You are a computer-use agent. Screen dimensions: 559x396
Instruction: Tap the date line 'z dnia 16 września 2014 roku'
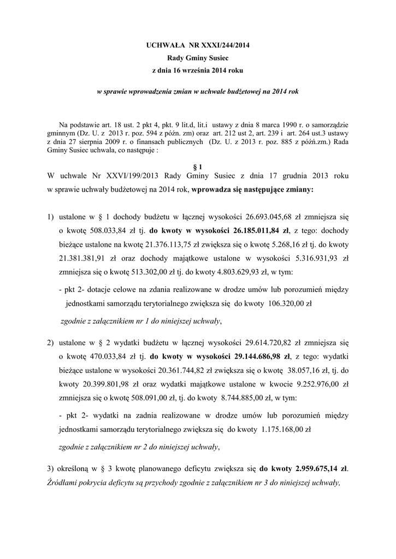(x=197, y=71)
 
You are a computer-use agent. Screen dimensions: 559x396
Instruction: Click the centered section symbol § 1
(x=197, y=166)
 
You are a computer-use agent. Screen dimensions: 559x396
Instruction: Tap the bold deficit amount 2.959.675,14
(x=317, y=468)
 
